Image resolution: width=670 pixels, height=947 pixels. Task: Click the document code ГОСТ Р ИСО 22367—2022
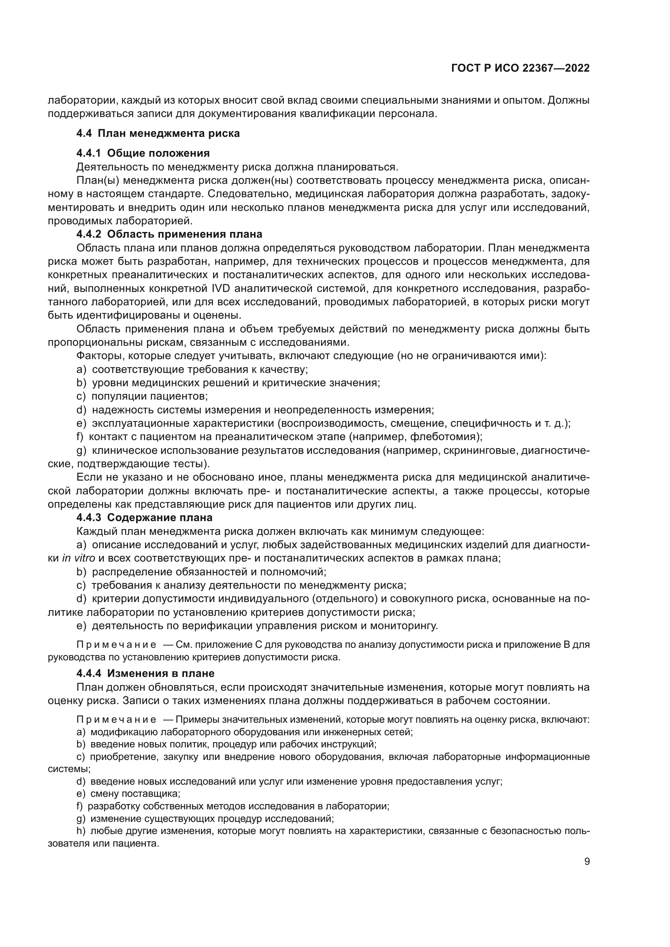pos(521,68)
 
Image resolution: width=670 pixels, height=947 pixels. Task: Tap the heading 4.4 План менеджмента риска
pos(158,134)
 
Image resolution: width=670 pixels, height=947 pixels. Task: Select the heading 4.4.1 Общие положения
pos(143,153)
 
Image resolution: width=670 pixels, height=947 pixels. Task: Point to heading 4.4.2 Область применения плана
pos(169,234)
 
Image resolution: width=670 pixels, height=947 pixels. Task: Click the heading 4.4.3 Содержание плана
pos(144,517)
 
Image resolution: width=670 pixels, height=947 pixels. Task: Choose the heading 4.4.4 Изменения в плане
pos(145,674)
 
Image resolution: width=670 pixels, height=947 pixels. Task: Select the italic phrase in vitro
pos(79,558)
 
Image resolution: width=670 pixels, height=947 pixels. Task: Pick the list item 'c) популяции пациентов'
pos(142,396)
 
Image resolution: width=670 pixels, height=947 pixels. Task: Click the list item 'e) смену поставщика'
pos(128,794)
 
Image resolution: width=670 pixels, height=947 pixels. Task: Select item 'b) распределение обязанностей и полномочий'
pos(201,572)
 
